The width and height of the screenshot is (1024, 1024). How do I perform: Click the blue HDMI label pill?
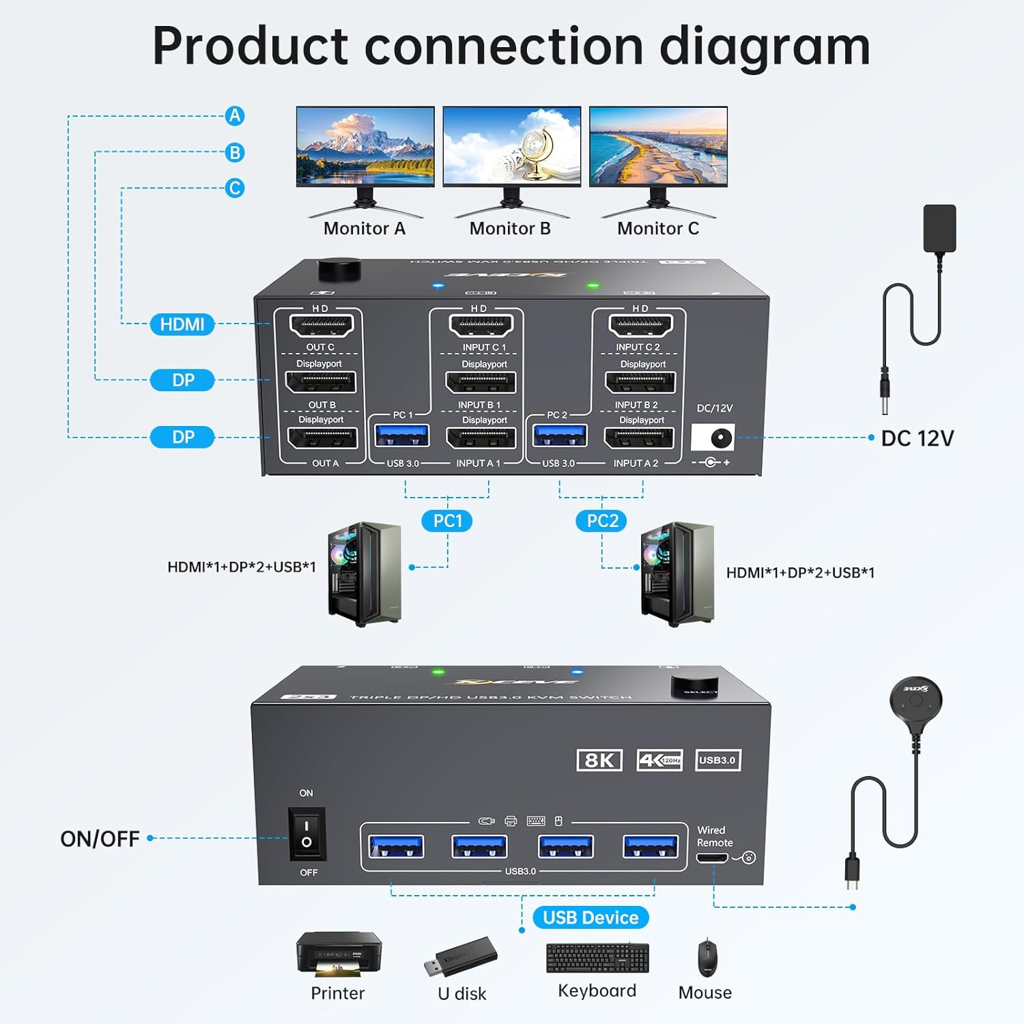(x=182, y=324)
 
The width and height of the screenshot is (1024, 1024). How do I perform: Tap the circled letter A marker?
(x=235, y=116)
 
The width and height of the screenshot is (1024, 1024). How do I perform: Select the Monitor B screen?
(x=511, y=145)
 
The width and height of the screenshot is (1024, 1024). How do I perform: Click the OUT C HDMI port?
(x=321, y=326)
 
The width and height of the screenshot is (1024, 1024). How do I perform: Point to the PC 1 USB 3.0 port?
(x=402, y=436)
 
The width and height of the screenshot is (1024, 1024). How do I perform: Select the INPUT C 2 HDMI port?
(x=640, y=326)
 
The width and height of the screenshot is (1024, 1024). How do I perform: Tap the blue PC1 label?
(x=448, y=521)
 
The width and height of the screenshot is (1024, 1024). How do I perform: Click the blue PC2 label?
(x=602, y=521)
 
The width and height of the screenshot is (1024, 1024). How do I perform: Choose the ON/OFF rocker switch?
(x=307, y=834)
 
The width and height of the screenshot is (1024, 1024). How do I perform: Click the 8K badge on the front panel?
(x=599, y=760)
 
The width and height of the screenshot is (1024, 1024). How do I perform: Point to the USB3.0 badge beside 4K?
(x=717, y=760)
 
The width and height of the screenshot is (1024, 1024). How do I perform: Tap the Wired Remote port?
(x=712, y=858)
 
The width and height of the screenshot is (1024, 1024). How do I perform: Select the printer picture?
(x=339, y=954)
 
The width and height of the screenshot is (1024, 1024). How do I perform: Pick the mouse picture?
(x=707, y=958)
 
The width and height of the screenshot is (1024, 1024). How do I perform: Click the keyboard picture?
(x=597, y=958)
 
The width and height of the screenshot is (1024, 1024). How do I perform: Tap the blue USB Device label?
(x=591, y=918)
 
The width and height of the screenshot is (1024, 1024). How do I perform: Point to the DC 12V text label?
(x=918, y=438)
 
